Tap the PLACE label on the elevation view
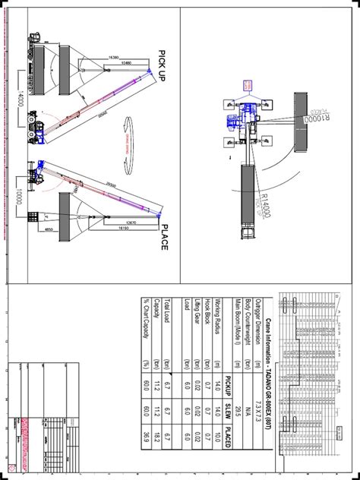[x=163, y=238]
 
